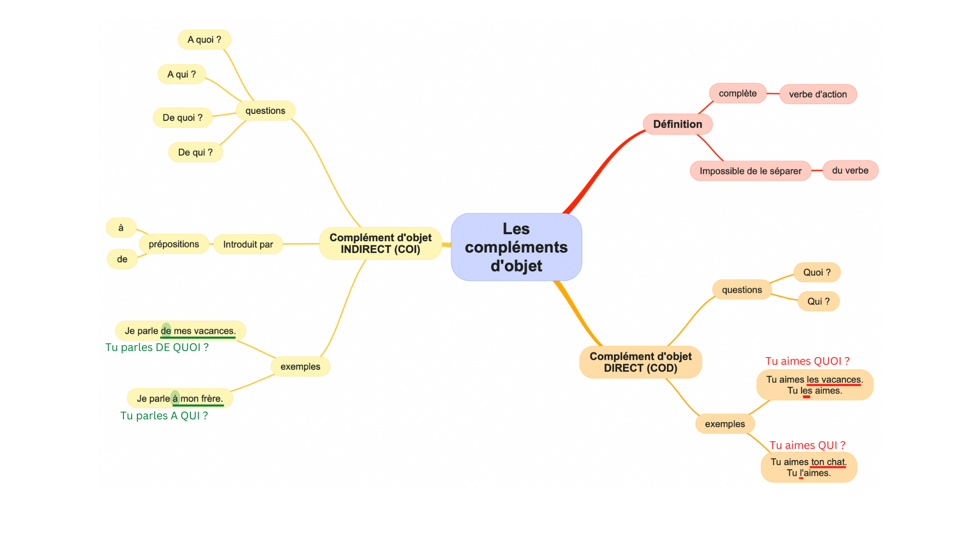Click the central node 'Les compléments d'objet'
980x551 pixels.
(516, 247)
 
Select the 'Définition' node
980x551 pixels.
(677, 124)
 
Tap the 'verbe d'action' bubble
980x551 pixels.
(818, 94)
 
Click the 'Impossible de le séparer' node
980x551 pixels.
(750, 171)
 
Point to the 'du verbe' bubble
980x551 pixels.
(850, 170)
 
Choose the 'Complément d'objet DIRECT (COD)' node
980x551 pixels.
(641, 362)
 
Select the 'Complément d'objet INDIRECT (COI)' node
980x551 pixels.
(380, 243)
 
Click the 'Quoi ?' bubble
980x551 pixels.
(817, 272)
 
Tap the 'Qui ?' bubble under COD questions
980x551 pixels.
(818, 302)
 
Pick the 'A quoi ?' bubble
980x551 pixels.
(204, 40)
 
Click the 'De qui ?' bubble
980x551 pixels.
(195, 153)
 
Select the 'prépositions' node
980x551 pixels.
(174, 244)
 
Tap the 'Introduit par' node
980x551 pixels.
(248, 244)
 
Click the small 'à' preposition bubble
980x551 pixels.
(121, 228)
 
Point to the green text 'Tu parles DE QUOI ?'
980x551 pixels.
(157, 347)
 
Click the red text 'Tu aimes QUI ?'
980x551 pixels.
(807, 445)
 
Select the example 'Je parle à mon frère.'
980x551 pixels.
(180, 398)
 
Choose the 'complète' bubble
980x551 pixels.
(738, 93)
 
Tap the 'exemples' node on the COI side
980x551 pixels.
(300, 367)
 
